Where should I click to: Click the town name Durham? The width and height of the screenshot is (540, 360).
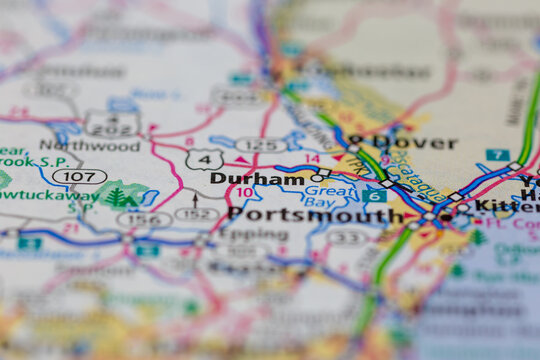click(x=257, y=179)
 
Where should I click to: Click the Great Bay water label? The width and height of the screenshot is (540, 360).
click(x=328, y=195)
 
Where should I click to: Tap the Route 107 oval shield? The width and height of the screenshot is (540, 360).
click(x=79, y=177)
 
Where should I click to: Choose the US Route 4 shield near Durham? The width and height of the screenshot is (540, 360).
click(x=204, y=159)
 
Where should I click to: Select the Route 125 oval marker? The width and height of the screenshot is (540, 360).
click(x=260, y=145)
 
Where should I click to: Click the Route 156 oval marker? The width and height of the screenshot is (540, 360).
click(x=139, y=220)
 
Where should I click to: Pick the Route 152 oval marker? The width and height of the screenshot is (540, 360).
click(x=196, y=214)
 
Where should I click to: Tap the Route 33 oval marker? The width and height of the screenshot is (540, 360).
click(x=347, y=237)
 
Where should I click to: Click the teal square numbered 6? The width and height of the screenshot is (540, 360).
click(x=374, y=196)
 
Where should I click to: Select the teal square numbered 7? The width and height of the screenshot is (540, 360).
click(x=497, y=155)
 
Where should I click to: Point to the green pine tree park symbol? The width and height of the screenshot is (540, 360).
click(x=117, y=197)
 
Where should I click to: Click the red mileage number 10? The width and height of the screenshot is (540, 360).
click(x=245, y=193)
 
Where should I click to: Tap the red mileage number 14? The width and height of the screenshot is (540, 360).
click(x=312, y=159)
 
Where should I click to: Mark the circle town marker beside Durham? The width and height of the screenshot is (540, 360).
click(x=316, y=178)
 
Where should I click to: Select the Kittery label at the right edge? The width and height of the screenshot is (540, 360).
click(x=505, y=206)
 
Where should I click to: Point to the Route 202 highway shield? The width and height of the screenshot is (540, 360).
click(x=113, y=124)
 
